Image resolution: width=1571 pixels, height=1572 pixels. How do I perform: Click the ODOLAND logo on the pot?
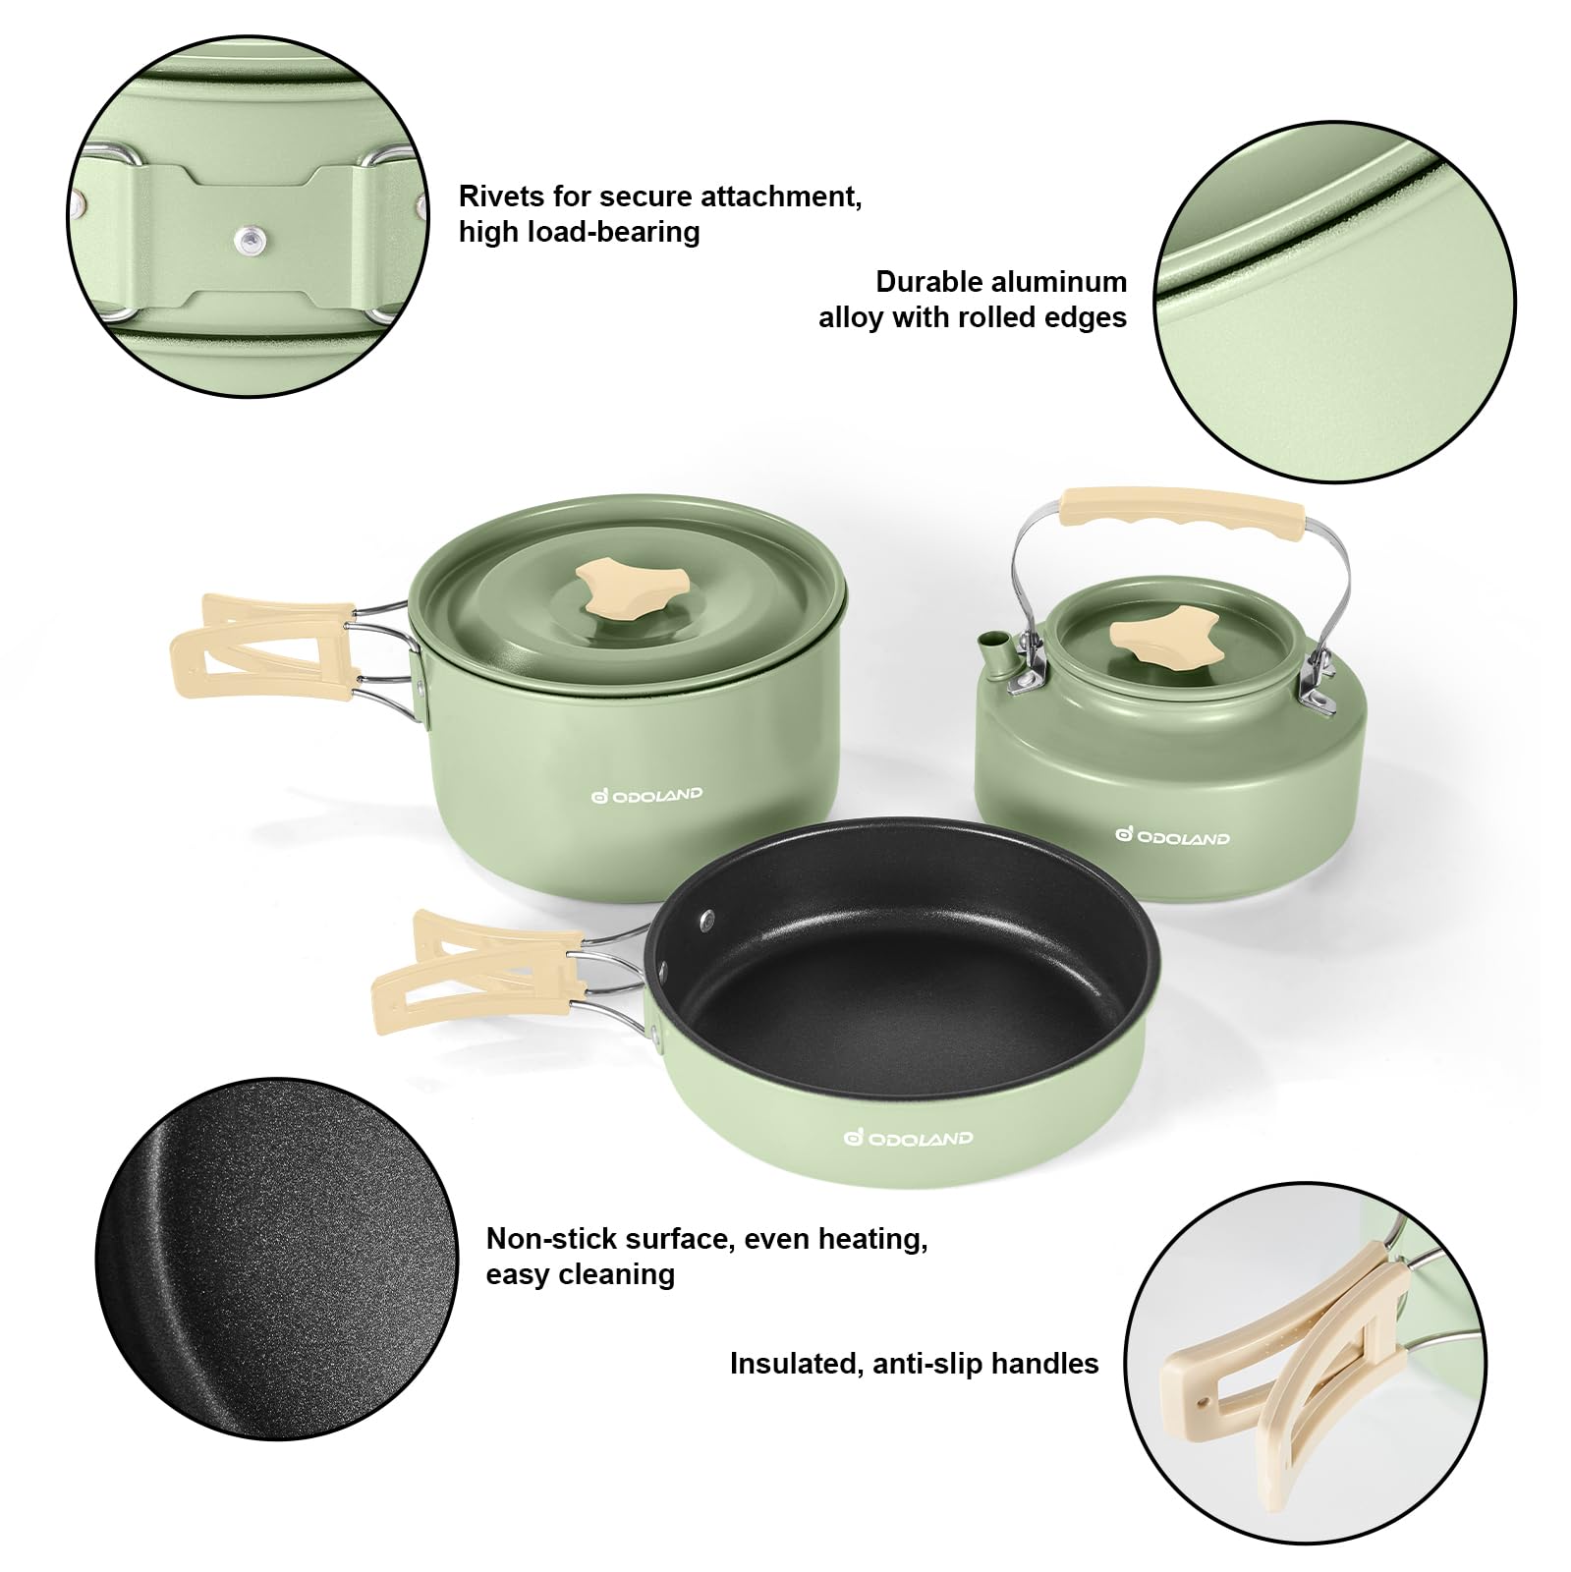647,795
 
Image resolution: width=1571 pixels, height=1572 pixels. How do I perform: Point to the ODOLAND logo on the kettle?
1172,837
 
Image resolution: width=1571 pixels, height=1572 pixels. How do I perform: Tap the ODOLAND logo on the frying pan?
908,1138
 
